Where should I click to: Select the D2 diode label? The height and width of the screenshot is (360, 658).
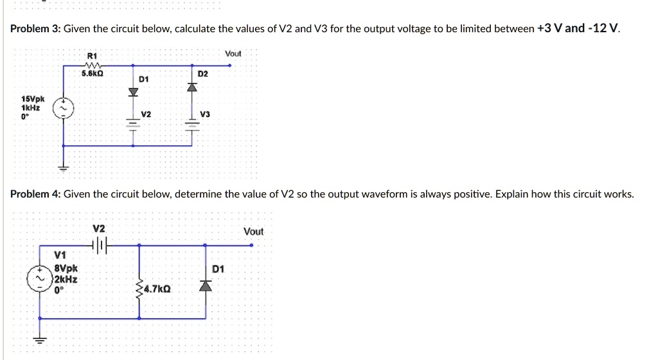[203, 75]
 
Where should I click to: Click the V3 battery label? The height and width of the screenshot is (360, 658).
[204, 114]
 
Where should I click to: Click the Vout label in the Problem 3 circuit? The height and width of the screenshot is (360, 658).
[233, 54]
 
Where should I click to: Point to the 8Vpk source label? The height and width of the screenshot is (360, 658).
[66, 269]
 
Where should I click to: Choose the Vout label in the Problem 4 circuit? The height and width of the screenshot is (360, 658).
[253, 231]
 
